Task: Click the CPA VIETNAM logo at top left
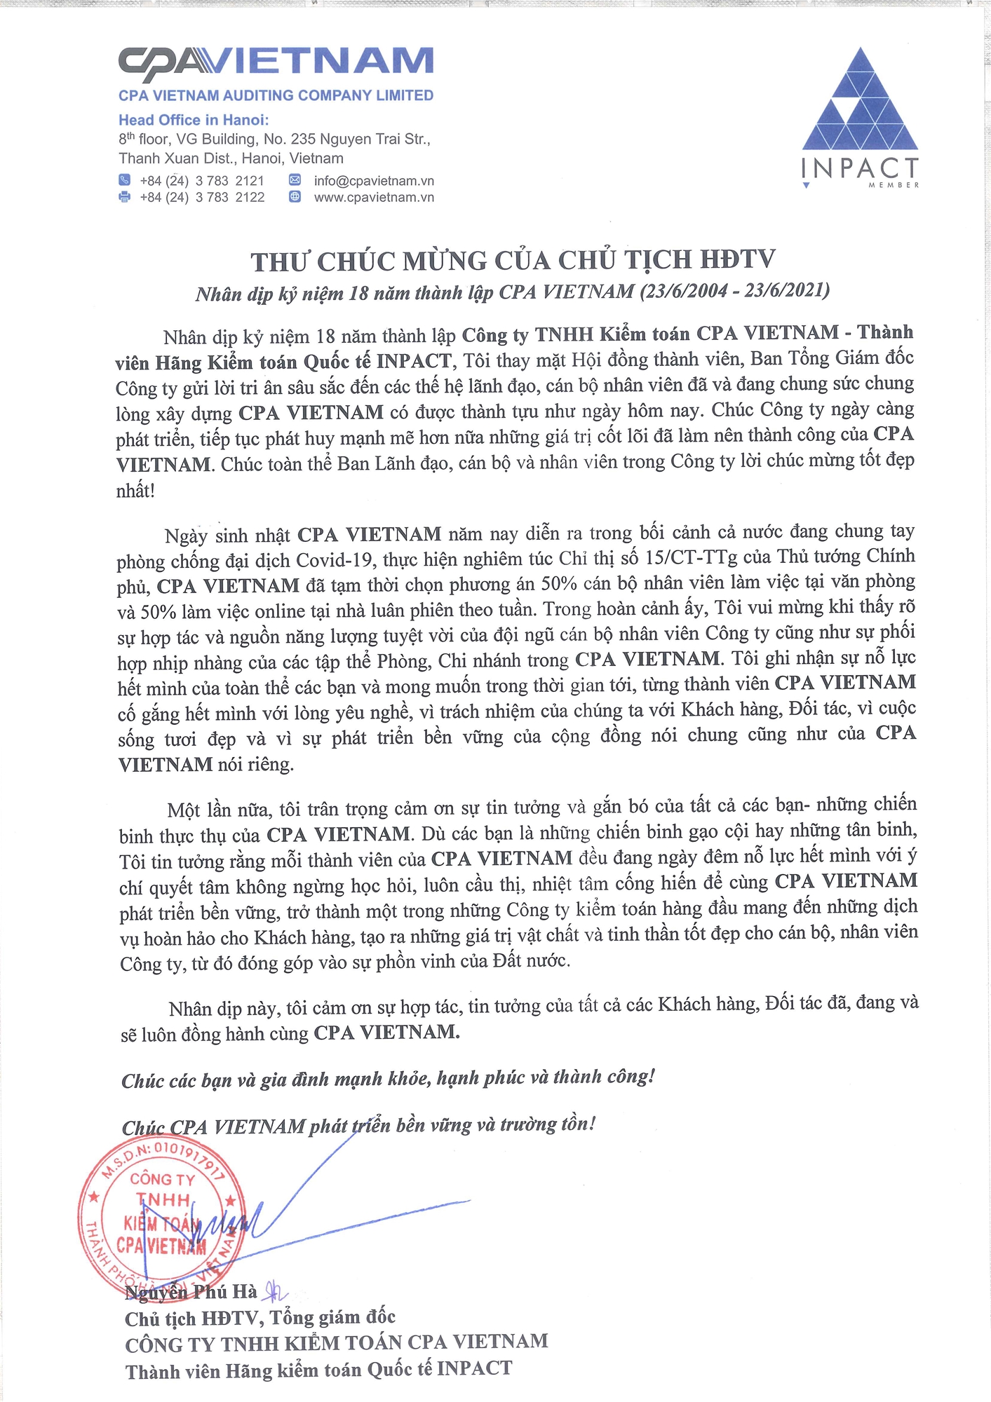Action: click(276, 62)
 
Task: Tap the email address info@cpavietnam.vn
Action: click(374, 181)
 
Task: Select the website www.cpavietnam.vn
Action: click(374, 198)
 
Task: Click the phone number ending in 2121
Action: click(202, 181)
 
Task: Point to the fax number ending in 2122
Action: click(202, 198)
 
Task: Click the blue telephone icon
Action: click(125, 180)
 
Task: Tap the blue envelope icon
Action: click(295, 180)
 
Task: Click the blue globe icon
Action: click(295, 197)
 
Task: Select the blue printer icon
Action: click(125, 197)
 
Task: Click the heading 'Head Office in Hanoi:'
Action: click(194, 120)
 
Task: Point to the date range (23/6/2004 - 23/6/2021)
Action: click(734, 290)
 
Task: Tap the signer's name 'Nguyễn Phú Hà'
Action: click(191, 1292)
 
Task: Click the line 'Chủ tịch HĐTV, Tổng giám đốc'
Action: click(260, 1319)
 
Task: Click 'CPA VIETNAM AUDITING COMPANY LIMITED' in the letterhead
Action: click(276, 95)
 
